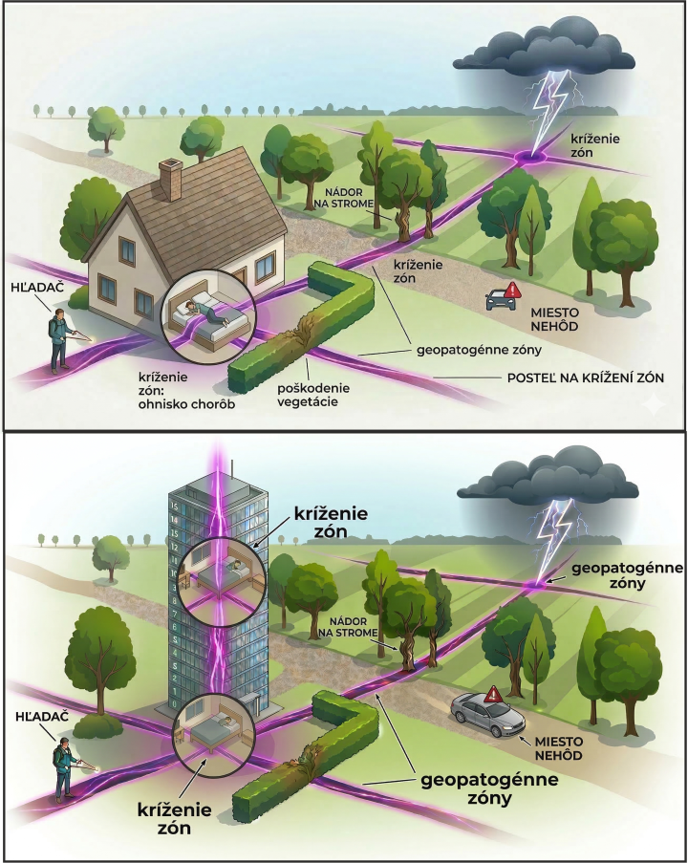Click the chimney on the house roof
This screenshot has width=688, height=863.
tap(171, 179)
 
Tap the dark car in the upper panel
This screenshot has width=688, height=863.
tap(501, 299)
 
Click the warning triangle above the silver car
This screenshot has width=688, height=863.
tap(494, 695)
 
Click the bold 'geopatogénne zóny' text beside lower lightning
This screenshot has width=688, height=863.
tap(626, 574)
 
